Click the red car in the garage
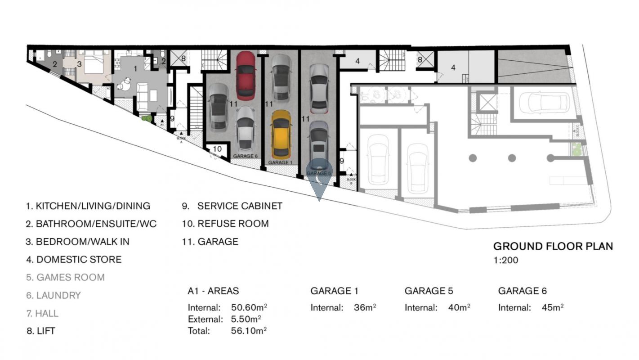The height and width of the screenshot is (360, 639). (246, 75)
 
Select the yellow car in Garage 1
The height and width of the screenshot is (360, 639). (281, 134)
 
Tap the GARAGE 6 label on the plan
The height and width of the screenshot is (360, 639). (245, 156)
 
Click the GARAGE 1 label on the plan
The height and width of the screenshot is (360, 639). (280, 162)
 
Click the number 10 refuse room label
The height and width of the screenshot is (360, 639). (217, 149)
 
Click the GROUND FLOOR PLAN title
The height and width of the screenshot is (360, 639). (553, 246)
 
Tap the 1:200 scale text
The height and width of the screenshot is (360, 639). (506, 260)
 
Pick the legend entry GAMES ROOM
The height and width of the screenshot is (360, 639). (65, 278)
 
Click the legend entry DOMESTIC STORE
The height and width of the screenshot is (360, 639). (74, 260)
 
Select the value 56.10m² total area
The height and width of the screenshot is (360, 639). (249, 331)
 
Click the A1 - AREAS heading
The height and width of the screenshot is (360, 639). (213, 291)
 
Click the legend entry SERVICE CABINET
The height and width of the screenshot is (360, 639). (232, 206)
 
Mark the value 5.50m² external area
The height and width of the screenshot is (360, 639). (246, 319)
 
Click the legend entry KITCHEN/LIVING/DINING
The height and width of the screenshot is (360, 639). (88, 206)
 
